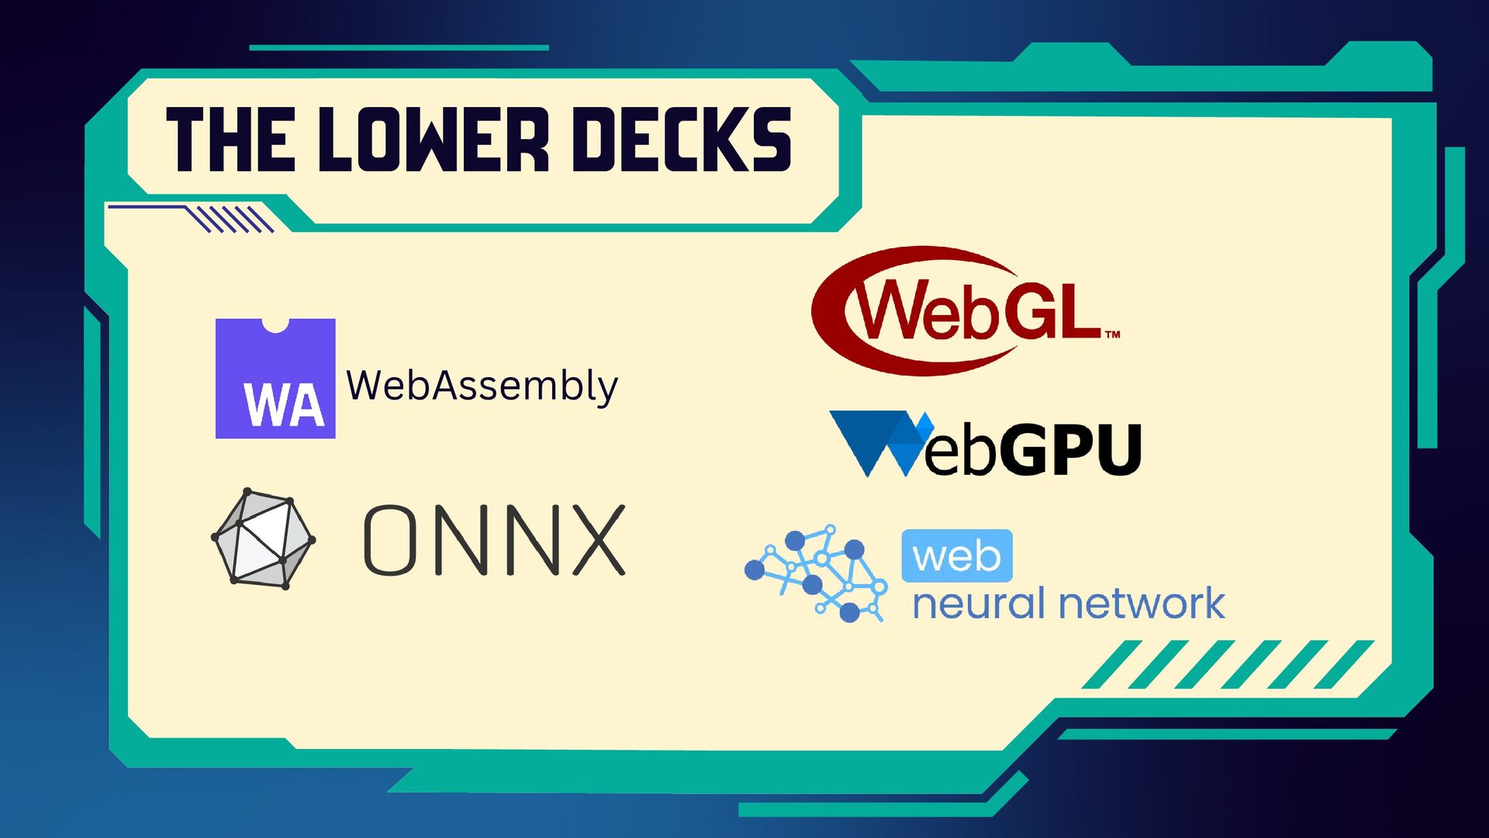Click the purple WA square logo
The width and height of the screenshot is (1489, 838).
tap(275, 379)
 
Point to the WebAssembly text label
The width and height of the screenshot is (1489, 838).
tap(482, 386)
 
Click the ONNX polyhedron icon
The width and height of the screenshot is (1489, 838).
tap(264, 538)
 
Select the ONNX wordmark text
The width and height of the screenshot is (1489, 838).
tap(494, 540)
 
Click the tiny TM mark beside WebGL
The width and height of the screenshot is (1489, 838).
tap(1112, 335)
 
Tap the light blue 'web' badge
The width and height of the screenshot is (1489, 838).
tap(957, 556)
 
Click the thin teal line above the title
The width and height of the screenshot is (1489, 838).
tap(399, 47)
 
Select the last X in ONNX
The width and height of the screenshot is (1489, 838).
tap(599, 540)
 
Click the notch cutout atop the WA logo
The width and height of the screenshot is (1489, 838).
tap(275, 324)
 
